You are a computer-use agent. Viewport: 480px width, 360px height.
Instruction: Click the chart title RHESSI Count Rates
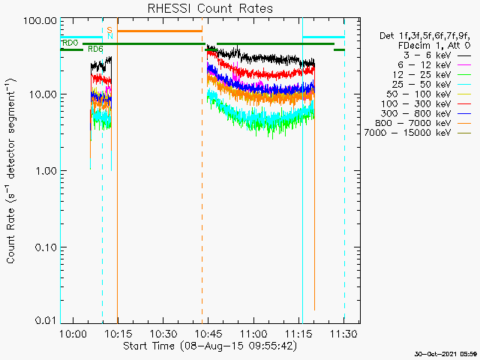click(210, 8)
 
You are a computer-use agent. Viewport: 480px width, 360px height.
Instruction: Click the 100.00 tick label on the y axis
click(40, 21)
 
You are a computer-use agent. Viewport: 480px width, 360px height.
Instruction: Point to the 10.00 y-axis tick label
click(43, 94)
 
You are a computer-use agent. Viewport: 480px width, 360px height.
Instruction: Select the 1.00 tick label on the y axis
click(46, 170)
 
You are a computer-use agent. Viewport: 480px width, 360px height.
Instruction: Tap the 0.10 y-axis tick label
click(46, 247)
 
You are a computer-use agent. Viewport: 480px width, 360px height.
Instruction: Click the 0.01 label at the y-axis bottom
click(46, 320)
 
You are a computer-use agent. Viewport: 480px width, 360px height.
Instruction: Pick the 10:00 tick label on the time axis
click(73, 333)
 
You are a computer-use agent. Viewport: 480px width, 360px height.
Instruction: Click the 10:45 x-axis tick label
click(208, 333)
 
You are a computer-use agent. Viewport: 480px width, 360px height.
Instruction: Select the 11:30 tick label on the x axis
click(343, 333)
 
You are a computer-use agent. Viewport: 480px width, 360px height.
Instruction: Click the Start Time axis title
click(210, 346)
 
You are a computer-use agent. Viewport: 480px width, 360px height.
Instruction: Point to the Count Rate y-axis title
click(11, 171)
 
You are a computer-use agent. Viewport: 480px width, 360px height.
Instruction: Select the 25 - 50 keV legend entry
click(431, 84)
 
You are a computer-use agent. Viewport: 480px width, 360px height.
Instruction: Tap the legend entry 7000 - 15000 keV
click(418, 133)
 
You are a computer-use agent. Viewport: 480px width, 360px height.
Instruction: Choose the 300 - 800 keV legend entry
click(426, 113)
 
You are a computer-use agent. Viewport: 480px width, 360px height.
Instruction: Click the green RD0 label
click(70, 43)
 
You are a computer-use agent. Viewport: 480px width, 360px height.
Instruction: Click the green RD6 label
click(95, 49)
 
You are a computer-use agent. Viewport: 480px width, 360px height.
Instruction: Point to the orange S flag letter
click(109, 30)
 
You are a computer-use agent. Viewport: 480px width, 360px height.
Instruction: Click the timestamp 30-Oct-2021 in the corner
click(446, 354)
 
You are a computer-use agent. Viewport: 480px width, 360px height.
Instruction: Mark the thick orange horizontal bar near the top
click(160, 31)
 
